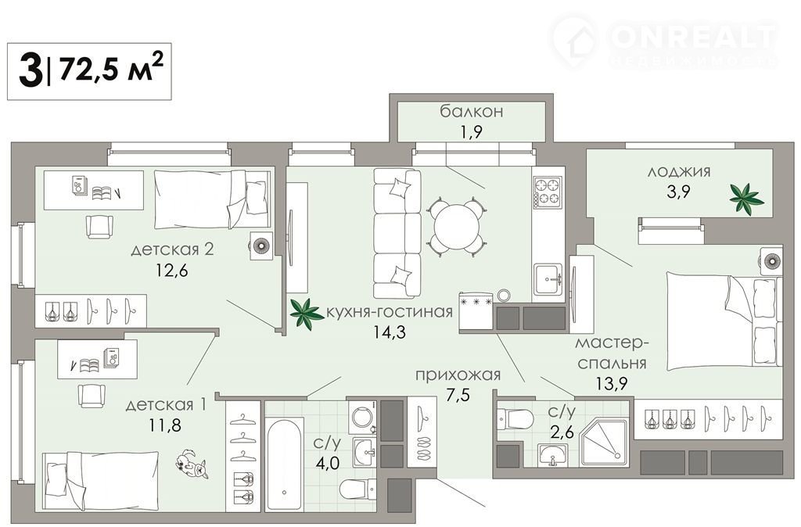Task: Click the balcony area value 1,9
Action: (471, 131)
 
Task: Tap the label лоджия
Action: (679, 171)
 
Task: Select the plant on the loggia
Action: (745, 198)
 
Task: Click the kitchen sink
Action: (548, 279)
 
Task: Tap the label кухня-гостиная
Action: (390, 311)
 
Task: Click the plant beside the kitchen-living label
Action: (306, 313)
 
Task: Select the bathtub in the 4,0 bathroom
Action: (284, 464)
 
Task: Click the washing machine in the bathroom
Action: (363, 418)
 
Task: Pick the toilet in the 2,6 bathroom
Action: (515, 420)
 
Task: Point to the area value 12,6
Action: (171, 270)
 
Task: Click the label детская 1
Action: (166, 405)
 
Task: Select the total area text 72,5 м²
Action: (111, 69)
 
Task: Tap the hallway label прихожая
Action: (458, 375)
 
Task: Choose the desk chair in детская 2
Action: (99, 227)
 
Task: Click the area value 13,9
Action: (611, 382)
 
